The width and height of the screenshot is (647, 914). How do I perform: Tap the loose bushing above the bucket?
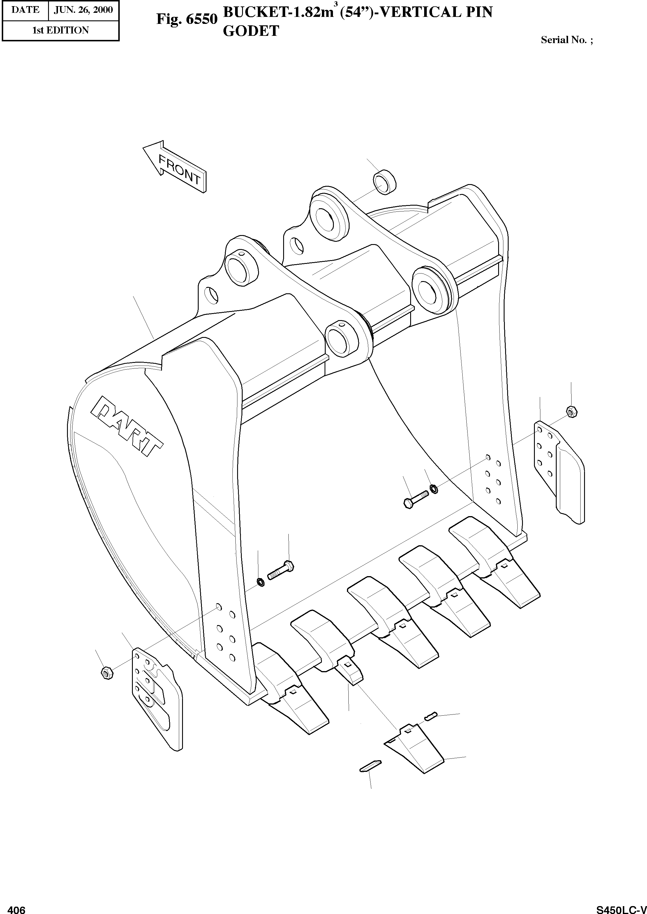pyautogui.click(x=385, y=182)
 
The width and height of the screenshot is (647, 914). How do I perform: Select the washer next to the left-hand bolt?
pyautogui.click(x=260, y=582)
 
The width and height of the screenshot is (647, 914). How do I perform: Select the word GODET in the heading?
pyautogui.click(x=251, y=31)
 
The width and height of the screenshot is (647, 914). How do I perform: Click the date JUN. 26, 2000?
pyautogui.click(x=83, y=10)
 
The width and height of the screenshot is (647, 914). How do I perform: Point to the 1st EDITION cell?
pyautogui.click(x=61, y=30)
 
